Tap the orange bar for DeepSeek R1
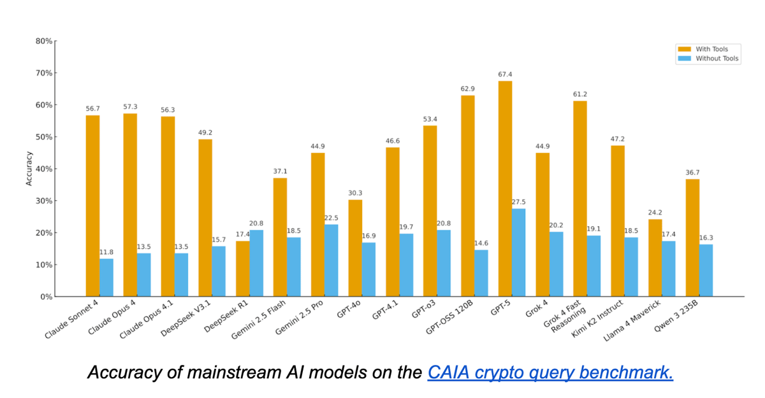click(x=242, y=268)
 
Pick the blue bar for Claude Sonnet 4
click(x=106, y=277)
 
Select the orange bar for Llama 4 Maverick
click(x=655, y=257)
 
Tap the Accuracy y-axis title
click(x=29, y=169)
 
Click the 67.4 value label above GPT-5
click(x=506, y=75)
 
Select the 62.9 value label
click(x=468, y=89)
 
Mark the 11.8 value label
click(x=106, y=252)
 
